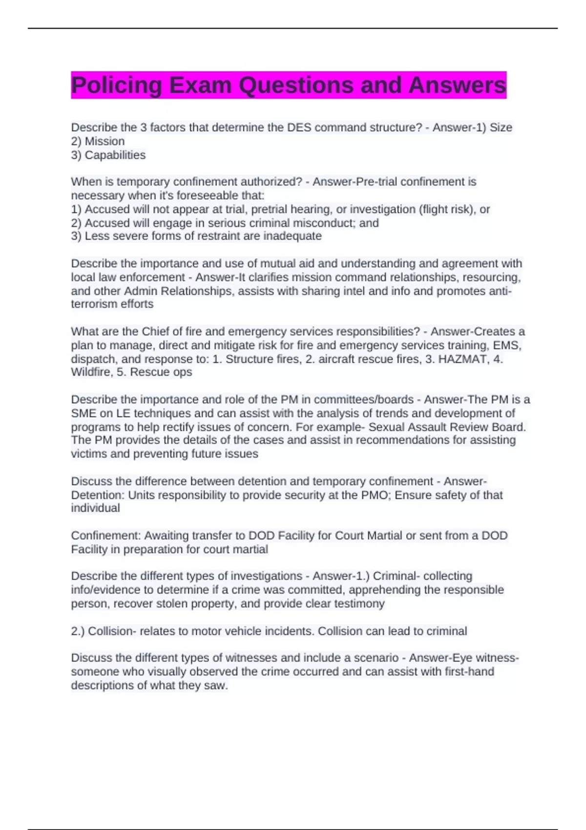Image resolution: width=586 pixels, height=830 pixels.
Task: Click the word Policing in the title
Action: (x=116, y=85)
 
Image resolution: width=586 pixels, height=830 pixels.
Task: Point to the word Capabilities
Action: (x=115, y=155)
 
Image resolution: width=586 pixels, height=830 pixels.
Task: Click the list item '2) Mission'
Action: (x=98, y=142)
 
